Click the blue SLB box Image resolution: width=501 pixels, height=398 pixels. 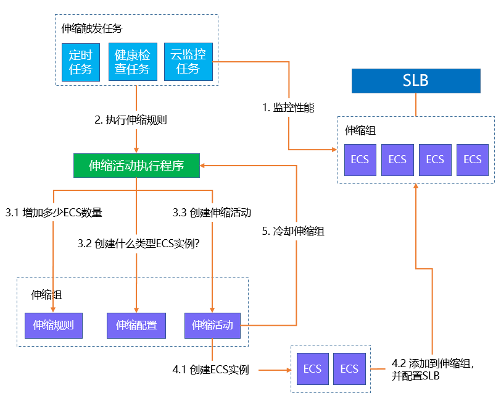(416, 80)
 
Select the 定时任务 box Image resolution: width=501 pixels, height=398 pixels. (80, 62)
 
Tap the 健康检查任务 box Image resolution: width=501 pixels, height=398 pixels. (132, 62)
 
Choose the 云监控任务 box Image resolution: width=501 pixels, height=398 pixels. (188, 62)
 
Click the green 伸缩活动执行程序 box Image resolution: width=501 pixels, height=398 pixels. (136, 166)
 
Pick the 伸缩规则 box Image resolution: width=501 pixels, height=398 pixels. (54, 325)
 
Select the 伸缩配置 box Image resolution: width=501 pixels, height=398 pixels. (136, 325)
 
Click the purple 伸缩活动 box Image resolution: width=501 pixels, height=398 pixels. (212, 325)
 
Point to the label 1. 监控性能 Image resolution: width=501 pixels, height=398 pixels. (288, 107)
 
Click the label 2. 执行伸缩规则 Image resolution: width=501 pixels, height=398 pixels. (131, 121)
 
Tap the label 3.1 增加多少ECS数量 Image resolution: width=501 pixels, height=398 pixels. (54, 213)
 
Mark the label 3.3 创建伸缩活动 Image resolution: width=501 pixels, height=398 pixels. (212, 213)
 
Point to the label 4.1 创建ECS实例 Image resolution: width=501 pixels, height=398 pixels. (210, 370)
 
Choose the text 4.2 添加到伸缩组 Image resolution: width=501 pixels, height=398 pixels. (433, 364)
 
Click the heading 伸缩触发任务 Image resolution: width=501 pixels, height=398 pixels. (92, 28)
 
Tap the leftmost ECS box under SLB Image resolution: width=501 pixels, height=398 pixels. (360, 159)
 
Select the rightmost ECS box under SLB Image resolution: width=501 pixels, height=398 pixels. (472, 159)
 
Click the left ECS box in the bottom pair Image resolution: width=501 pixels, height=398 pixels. (312, 369)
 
